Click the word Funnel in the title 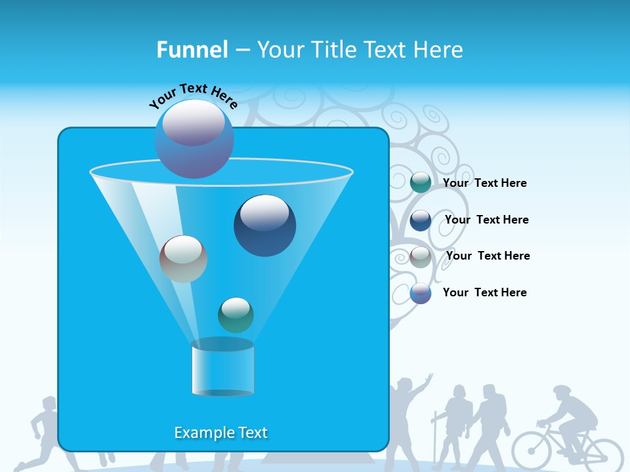[x=192, y=50]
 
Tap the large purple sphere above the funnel [x=194, y=138]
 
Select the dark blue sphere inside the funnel [x=264, y=226]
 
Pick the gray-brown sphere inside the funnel [x=183, y=259]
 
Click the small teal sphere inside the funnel [x=236, y=315]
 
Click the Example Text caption [x=220, y=433]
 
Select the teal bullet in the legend [x=421, y=183]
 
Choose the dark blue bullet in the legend [x=421, y=220]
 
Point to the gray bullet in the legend [x=421, y=256]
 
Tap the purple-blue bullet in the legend [x=421, y=293]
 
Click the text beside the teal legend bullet [x=484, y=183]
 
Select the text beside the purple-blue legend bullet [x=484, y=292]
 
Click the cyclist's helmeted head [x=562, y=393]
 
